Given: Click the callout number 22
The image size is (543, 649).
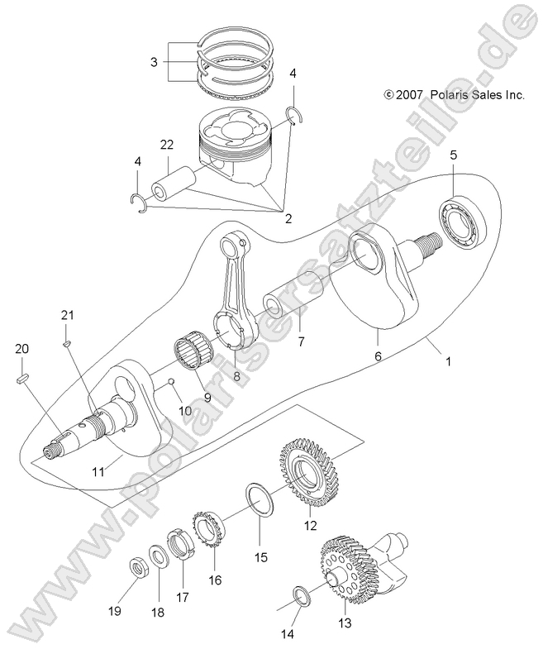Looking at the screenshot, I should coord(167,144).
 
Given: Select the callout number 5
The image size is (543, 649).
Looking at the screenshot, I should coord(454,155).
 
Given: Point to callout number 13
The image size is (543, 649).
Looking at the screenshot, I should coord(344,623).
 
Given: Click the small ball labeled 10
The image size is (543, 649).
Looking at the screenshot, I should coord(170,382).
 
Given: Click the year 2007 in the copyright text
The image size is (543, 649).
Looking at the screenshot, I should coord(409,95).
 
